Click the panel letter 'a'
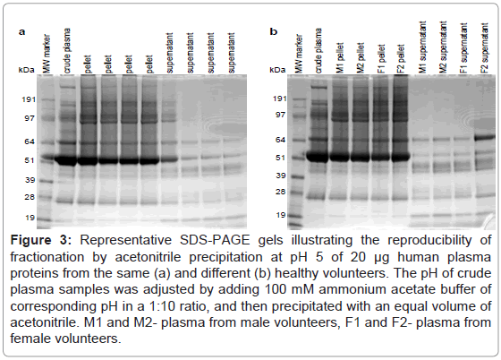tap(21, 31)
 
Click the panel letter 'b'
tap(274, 31)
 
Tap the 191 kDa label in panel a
tap(29, 99)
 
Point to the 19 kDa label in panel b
tap(281, 215)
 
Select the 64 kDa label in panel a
tap(30, 141)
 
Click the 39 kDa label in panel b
tap(281, 176)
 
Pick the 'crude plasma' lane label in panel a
tap(67, 50)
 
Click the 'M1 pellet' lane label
tap(340, 58)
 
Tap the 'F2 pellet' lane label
tap(402, 58)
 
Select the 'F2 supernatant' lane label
tap(484, 48)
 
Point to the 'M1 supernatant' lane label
tap(422, 47)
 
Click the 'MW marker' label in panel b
tap(299, 54)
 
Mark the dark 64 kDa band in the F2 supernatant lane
tap(484, 138)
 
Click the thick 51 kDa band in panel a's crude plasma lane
tap(65, 160)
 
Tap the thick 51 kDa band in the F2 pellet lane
tap(401, 157)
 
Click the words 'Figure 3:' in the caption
tap(41, 240)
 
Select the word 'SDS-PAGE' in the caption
tap(215, 240)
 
